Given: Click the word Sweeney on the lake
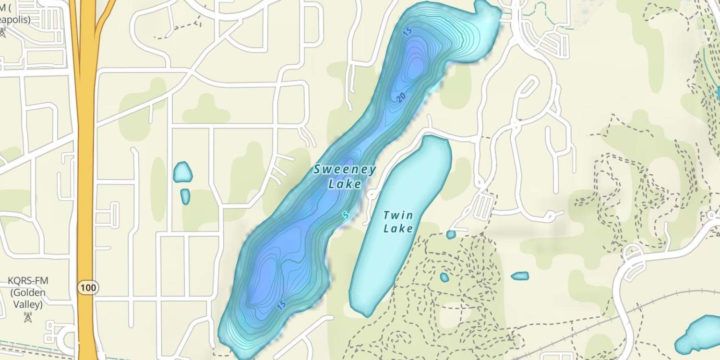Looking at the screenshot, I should tap(345, 169).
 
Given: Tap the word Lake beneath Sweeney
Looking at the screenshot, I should tap(344, 183).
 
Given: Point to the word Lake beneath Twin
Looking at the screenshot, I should tap(398, 228).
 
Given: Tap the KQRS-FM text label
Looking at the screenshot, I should tap(28, 280).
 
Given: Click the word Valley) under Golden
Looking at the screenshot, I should tap(28, 304).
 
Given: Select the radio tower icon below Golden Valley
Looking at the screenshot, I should tap(28, 317).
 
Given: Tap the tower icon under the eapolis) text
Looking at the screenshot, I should tap(2, 32).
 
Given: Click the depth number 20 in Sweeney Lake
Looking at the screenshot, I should tap(402, 97).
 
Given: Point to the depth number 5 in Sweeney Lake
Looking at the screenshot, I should tap(345, 215).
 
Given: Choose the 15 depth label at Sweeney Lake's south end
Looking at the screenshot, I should tap(282, 304).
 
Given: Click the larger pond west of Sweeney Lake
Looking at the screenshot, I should tap(182, 172).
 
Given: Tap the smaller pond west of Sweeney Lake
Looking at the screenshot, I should tap(185, 196).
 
